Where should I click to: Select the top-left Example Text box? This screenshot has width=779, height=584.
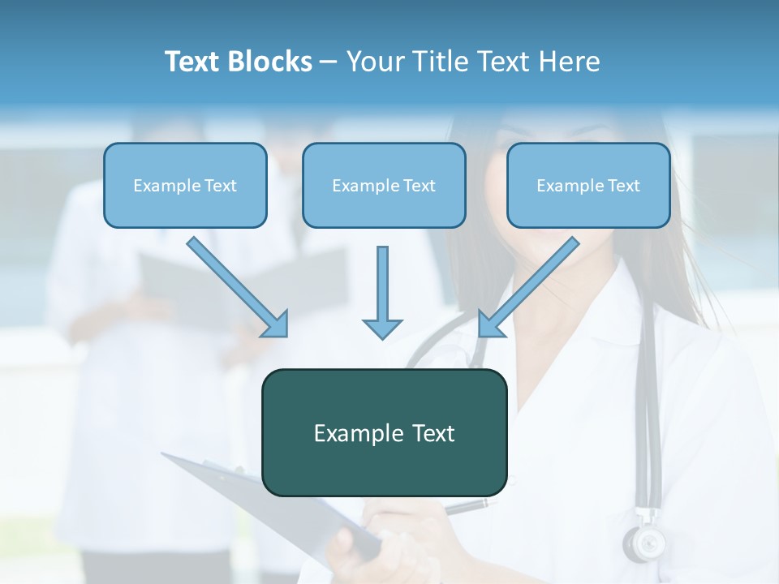[185, 185]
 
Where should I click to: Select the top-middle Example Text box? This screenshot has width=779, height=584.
[384, 185]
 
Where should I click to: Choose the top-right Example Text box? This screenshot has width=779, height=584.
[588, 185]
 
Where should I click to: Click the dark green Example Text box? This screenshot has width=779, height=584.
[384, 432]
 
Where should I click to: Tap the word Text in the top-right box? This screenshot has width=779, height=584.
[623, 185]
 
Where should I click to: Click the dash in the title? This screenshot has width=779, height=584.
[329, 62]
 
